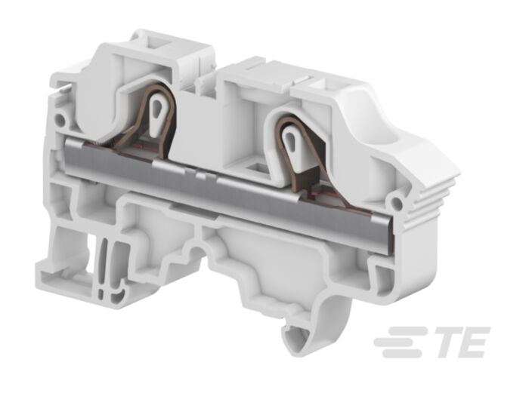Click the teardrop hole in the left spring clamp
tap(159, 102)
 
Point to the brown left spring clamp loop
tap(144, 121)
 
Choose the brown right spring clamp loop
tap(278, 151)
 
